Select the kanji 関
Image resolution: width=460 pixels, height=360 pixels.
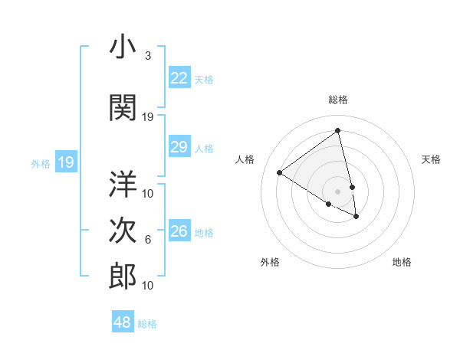(123, 107)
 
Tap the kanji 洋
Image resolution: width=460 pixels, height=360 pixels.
(123, 185)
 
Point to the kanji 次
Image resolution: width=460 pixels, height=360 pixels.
(123, 231)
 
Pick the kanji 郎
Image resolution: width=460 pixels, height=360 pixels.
(123, 277)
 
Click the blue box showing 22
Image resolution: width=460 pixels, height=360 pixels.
(179, 78)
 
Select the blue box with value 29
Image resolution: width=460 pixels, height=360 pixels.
(179, 148)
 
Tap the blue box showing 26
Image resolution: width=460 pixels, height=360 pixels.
(179, 231)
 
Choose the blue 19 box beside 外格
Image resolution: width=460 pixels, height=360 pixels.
(66, 162)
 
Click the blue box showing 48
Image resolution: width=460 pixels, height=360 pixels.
(123, 322)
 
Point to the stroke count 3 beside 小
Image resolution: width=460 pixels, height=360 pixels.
(147, 56)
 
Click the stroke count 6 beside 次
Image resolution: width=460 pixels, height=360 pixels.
(148, 240)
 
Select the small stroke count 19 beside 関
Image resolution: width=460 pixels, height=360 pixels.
(148, 116)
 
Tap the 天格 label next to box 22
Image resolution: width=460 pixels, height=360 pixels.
(204, 79)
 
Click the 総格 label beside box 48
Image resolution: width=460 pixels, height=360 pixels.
(147, 324)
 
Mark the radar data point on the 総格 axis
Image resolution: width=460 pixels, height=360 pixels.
(337, 130)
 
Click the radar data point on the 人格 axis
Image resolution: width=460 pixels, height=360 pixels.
(280, 172)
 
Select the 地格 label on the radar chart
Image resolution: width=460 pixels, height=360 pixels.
(402, 262)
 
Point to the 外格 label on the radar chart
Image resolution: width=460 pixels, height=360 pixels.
(270, 262)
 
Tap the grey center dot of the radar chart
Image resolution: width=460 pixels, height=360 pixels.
(337, 191)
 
